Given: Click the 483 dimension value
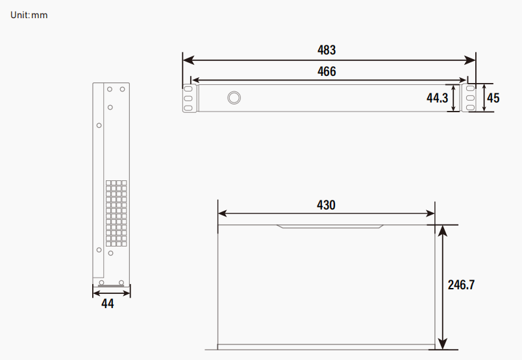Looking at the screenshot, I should pos(327,50).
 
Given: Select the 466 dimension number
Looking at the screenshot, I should pos(327,71).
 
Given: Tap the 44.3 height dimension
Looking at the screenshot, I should pos(437,99).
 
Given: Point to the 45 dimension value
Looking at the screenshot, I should pos(493,99).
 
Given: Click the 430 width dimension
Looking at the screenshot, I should pos(326,205).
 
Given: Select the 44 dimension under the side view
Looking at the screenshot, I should pos(108,304).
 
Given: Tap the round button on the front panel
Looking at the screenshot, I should pos(234,98).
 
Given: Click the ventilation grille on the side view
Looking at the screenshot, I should pos(116,213).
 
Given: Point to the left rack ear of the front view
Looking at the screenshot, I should pos(189,99).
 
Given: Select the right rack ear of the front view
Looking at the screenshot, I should pos(468,99).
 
